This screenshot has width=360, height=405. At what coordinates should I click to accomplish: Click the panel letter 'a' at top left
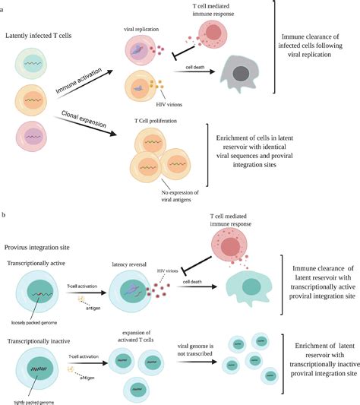click(3, 4)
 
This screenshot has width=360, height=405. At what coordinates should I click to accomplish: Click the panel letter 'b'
click(3, 216)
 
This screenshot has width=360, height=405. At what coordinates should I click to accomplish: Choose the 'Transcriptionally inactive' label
click(43, 326)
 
